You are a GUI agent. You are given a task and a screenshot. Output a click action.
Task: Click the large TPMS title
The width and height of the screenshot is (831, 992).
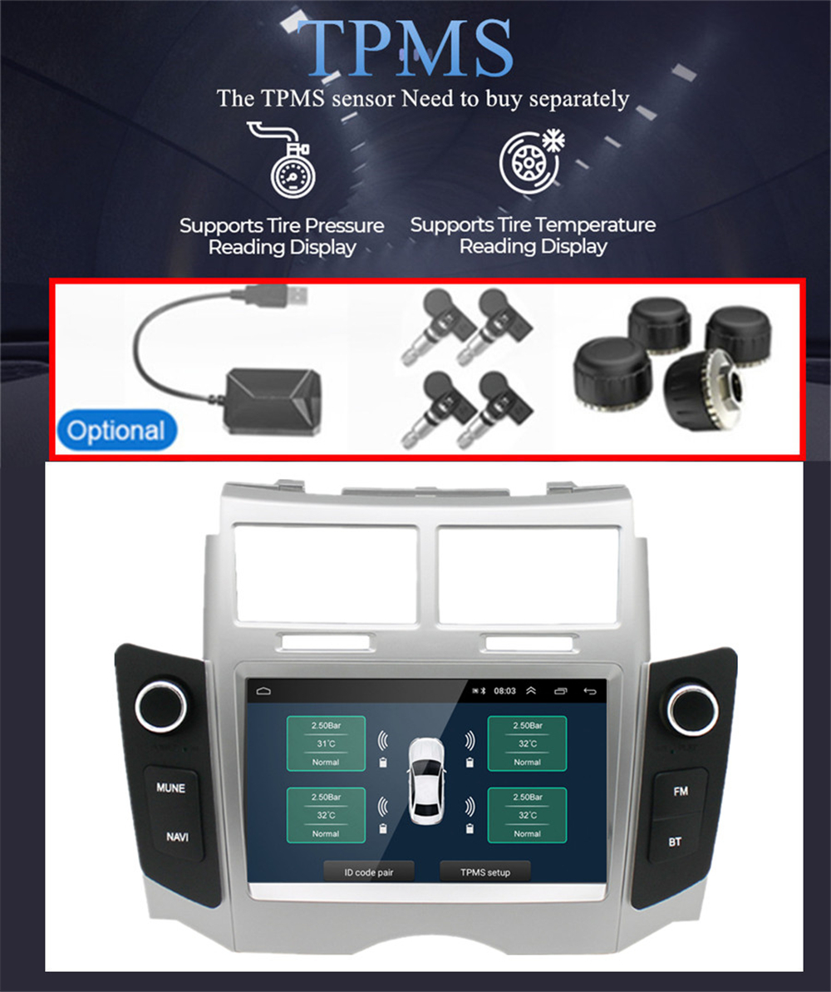[406, 48]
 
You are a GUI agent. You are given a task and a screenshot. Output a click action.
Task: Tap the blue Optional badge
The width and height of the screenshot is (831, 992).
[116, 431]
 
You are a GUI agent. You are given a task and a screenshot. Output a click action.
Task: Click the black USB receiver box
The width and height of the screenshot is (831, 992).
[274, 402]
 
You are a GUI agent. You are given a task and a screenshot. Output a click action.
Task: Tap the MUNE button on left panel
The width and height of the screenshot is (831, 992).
[170, 788]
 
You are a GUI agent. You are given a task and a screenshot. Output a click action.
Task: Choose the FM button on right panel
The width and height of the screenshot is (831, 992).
[681, 792]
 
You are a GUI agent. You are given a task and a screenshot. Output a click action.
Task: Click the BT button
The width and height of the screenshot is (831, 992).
[675, 842]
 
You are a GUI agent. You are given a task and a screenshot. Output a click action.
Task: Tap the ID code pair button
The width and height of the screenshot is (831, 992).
[369, 872]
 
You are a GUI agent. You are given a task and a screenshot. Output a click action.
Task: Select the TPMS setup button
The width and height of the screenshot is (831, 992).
[485, 872]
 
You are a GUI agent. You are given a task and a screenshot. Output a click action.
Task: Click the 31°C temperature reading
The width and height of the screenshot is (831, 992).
[327, 744]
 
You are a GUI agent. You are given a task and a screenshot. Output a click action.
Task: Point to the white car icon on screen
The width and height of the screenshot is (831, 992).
[425, 782]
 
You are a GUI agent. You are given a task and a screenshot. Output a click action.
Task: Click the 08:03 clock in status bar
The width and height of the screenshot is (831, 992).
[504, 691]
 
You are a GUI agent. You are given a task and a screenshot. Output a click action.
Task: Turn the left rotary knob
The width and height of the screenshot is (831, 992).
[161, 708]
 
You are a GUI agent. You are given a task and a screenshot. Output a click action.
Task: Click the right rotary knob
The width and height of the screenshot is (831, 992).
[692, 709]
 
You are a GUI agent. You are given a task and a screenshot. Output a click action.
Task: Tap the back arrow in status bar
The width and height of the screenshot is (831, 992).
[590, 691]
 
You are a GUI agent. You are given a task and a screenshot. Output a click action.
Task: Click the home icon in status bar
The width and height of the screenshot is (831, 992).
[263, 691]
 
